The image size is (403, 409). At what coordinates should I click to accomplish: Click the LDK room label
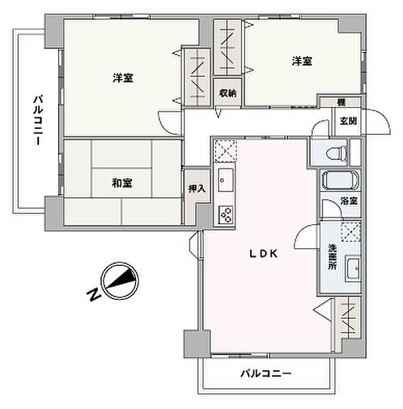(264, 254)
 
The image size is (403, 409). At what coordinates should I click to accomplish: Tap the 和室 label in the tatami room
(122, 183)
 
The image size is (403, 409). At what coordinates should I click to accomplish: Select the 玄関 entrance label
(348, 121)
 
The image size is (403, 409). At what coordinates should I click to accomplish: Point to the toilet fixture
(337, 153)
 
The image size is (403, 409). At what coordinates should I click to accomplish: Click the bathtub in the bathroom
(340, 180)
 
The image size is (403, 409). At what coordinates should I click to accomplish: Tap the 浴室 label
(349, 201)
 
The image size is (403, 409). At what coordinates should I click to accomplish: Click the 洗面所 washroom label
(333, 257)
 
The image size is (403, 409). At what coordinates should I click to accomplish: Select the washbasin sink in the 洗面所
(353, 269)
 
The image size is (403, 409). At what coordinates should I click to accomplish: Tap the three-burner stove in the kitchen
(226, 215)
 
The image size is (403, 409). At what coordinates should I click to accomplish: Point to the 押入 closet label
(197, 189)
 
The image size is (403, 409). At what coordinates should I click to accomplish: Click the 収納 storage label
(227, 93)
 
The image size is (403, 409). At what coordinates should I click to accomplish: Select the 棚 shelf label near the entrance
(341, 102)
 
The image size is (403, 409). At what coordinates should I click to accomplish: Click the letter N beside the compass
(94, 294)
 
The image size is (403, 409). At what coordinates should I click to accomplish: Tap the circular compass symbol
(120, 280)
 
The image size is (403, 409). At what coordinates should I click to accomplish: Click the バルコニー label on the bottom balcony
(266, 374)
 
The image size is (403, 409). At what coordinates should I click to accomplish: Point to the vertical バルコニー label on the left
(38, 120)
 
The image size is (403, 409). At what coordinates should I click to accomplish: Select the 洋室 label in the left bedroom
(123, 78)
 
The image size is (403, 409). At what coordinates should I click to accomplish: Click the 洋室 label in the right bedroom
(302, 61)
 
